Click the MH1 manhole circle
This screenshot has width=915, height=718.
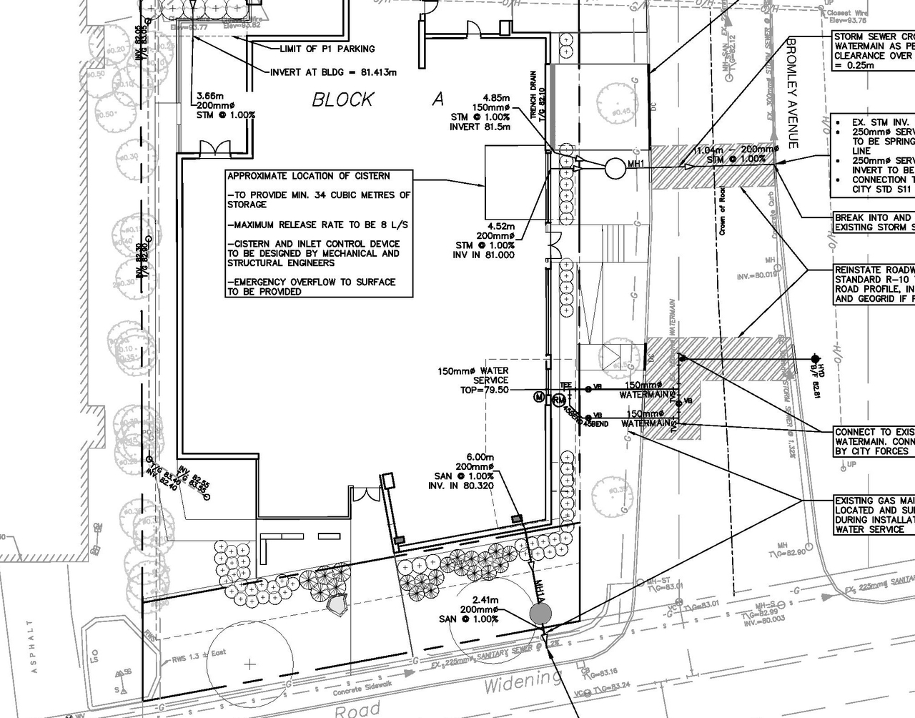point(614,168)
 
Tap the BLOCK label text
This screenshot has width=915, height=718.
point(342,99)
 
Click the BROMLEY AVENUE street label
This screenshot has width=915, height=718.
point(792,93)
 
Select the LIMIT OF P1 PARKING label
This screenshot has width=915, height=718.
point(327,49)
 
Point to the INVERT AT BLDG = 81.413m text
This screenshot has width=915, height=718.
point(333,72)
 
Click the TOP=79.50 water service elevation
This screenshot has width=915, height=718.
point(485,390)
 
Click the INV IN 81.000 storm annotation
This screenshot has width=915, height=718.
point(485,255)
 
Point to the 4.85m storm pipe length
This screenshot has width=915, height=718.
point(496,98)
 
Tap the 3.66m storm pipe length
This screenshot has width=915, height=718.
point(211,95)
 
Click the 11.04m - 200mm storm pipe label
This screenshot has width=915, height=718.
point(736,150)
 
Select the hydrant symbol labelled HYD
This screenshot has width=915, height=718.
point(815,358)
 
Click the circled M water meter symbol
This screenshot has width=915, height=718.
point(540,397)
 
